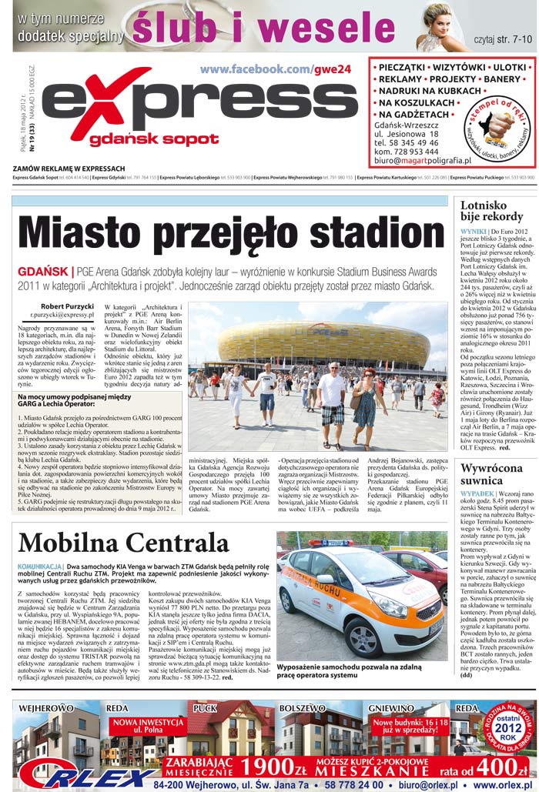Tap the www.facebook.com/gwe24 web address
pos(275,69)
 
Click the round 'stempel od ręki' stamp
pos(499,128)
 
